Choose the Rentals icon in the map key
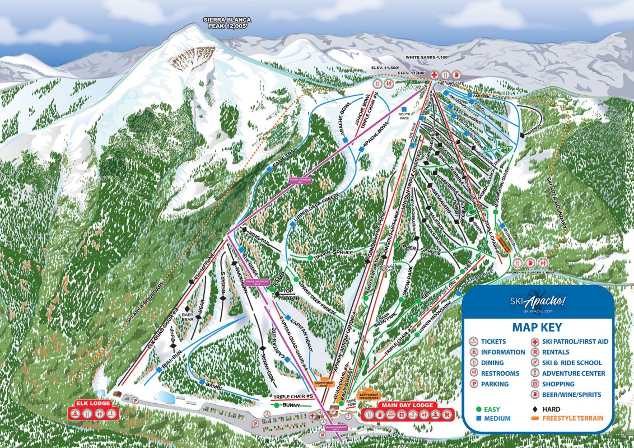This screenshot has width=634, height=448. [x=535, y=352]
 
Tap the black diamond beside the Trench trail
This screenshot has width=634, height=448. [x=522, y=135]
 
